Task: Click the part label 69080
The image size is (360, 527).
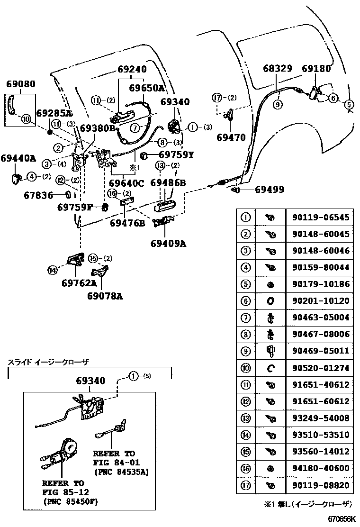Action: click(x=20, y=84)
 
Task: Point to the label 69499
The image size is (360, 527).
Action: click(x=270, y=190)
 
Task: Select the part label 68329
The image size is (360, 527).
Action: click(x=278, y=69)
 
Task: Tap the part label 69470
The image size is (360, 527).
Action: click(x=231, y=138)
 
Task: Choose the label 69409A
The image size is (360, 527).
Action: click(x=169, y=244)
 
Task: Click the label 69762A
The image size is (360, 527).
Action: click(x=79, y=283)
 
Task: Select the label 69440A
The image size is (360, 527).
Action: click(x=18, y=158)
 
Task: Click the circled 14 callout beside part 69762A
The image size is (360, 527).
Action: click(x=52, y=270)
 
